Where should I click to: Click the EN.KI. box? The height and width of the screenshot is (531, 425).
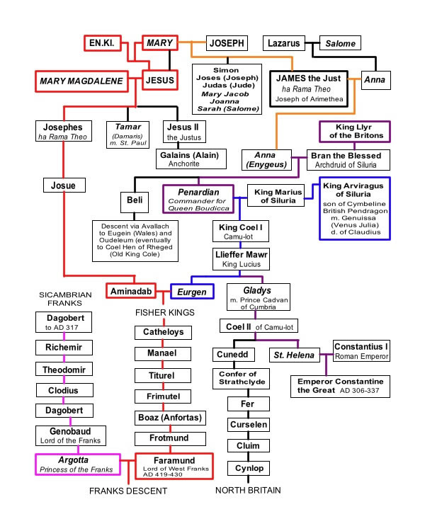103,43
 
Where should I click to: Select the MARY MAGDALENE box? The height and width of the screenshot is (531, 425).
81,81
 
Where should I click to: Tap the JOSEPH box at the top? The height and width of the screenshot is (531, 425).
227,43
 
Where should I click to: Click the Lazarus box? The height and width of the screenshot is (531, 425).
284,43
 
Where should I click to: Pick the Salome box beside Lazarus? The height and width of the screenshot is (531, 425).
340,43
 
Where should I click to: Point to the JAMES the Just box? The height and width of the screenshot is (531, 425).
309,88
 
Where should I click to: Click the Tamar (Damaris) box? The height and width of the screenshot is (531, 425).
127,135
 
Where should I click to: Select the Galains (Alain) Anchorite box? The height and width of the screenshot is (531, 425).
191,159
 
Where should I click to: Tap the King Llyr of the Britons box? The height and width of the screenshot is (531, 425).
355,132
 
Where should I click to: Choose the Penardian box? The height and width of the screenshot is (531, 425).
198,199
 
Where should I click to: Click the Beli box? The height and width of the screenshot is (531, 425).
135,202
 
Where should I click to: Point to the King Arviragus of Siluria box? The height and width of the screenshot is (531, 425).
355,209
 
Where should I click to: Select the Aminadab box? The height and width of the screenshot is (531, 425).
131,291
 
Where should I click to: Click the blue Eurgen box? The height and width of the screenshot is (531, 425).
192,291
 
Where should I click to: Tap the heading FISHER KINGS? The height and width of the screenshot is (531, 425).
165,312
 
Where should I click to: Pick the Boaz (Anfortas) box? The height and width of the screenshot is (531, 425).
170,418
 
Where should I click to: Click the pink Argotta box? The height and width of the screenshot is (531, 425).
78,464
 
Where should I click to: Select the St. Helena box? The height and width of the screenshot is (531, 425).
294,355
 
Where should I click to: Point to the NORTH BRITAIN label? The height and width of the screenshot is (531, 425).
248,490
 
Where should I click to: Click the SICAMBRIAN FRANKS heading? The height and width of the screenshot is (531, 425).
65,299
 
